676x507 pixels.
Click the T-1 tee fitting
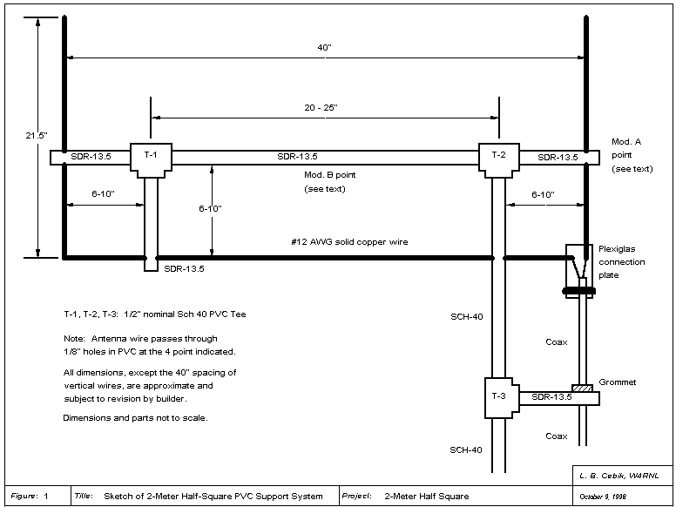[151, 158]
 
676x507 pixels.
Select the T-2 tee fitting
[498, 158]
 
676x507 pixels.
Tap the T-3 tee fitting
[499, 396]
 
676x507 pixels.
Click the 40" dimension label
[324, 48]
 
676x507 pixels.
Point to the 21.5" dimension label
[37, 136]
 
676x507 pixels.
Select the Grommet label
[619, 382]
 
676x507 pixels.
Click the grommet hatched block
[581, 388]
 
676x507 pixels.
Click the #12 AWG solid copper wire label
[349, 240]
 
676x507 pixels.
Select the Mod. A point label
[632, 154]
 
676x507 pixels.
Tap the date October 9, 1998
[603, 497]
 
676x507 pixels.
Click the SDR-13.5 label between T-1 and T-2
[299, 157]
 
